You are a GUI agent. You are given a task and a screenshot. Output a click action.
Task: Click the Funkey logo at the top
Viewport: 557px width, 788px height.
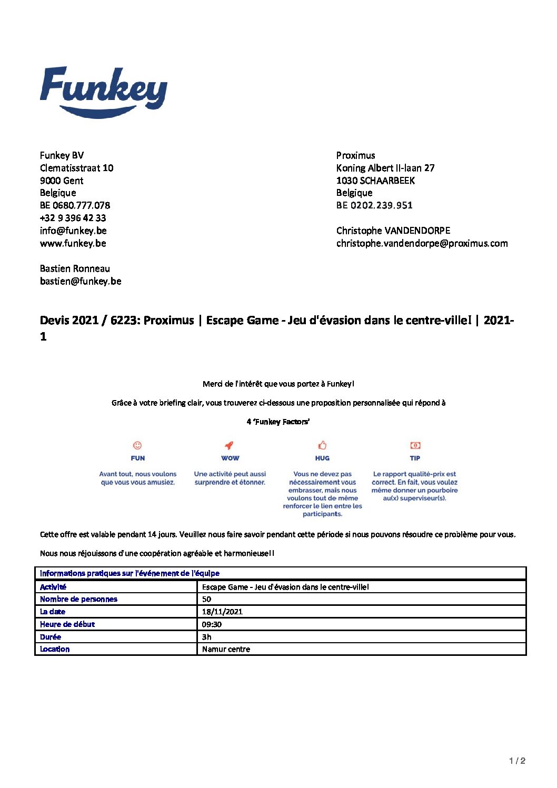104,92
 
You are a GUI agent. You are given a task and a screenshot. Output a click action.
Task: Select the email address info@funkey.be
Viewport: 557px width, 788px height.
73,231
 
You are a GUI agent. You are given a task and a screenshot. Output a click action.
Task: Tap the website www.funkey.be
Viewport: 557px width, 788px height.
73,243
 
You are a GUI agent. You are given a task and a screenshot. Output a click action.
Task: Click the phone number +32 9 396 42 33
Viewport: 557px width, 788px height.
73,218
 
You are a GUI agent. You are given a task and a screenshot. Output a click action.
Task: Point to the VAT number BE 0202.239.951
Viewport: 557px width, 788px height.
374,205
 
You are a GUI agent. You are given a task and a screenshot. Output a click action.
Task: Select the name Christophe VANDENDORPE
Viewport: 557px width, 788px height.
393,231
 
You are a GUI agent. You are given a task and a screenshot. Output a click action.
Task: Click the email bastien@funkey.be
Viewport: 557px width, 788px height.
81,281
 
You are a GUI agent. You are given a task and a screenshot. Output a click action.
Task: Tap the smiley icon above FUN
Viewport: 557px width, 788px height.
137,445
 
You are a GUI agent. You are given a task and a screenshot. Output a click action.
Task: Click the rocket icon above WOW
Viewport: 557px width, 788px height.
230,445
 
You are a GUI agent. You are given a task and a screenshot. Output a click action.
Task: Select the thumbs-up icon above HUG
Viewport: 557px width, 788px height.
322,445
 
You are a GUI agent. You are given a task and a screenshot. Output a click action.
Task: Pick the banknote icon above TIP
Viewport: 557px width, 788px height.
415,445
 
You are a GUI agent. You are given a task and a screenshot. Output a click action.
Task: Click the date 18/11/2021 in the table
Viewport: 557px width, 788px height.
222,612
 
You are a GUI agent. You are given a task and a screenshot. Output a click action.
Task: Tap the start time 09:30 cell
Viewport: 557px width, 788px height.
212,624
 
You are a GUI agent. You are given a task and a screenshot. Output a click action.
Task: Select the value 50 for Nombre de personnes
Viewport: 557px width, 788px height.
206,599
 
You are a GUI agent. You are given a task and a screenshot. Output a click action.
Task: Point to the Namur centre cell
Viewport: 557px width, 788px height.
226,649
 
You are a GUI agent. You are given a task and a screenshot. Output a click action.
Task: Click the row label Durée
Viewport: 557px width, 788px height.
51,637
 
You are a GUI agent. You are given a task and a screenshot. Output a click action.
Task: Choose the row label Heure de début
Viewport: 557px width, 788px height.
67,624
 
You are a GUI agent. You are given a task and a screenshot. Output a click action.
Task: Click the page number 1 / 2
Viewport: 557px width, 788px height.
517,761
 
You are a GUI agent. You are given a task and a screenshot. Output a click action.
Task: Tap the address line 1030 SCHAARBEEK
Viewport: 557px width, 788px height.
375,181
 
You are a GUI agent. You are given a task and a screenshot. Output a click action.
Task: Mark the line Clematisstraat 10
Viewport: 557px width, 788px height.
77,168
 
